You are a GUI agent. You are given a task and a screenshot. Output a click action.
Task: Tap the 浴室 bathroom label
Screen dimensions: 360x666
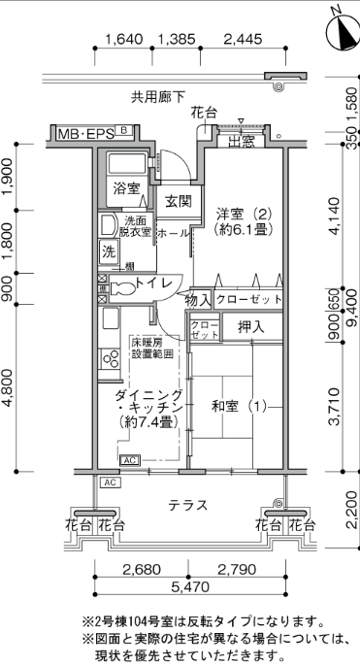point(126,188)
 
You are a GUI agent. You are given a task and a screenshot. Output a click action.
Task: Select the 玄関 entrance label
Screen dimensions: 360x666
point(178,201)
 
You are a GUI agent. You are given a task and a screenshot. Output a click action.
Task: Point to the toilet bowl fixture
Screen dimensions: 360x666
point(122,288)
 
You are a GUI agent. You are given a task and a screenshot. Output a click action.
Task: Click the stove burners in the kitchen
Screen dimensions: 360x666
point(110,358)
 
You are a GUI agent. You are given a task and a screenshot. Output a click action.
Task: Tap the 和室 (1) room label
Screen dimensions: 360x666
point(239,407)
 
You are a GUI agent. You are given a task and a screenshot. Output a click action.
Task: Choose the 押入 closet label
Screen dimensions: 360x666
point(251,326)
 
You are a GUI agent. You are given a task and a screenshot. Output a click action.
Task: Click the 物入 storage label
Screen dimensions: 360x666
point(198,301)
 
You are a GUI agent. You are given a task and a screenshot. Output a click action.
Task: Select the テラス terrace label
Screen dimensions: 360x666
point(188,505)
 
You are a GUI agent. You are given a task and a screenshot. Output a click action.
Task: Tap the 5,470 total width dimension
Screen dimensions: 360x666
point(190,586)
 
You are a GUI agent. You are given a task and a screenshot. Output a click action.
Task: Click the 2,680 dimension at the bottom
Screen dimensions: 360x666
point(142,569)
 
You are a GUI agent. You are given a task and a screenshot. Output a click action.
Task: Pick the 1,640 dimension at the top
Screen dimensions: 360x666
point(123,40)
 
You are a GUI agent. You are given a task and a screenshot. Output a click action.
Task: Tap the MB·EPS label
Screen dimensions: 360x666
point(86,134)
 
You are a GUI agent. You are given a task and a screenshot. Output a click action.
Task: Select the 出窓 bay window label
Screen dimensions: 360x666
point(241,142)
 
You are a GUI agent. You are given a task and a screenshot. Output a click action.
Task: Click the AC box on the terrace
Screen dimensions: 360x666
point(111,483)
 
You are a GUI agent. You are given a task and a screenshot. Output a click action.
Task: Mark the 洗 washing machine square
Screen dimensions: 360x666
point(109,252)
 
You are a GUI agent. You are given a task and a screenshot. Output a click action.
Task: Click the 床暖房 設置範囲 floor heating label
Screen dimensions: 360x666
point(151,348)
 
